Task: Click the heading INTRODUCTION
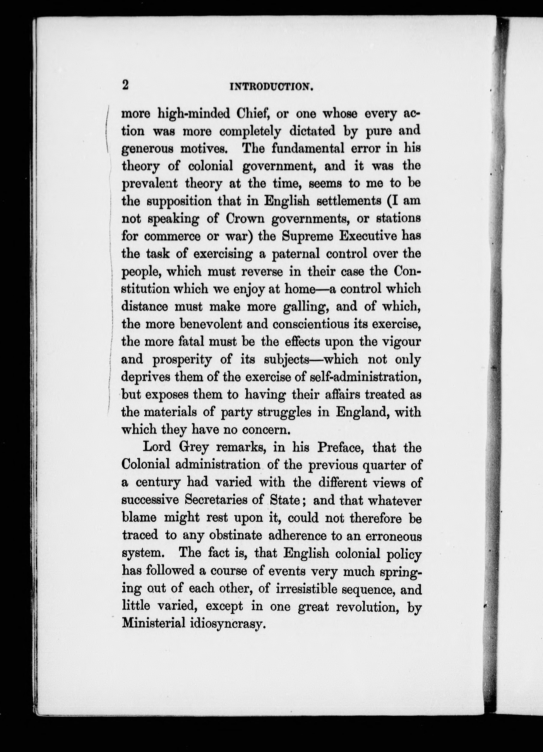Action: coord(271,87)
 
